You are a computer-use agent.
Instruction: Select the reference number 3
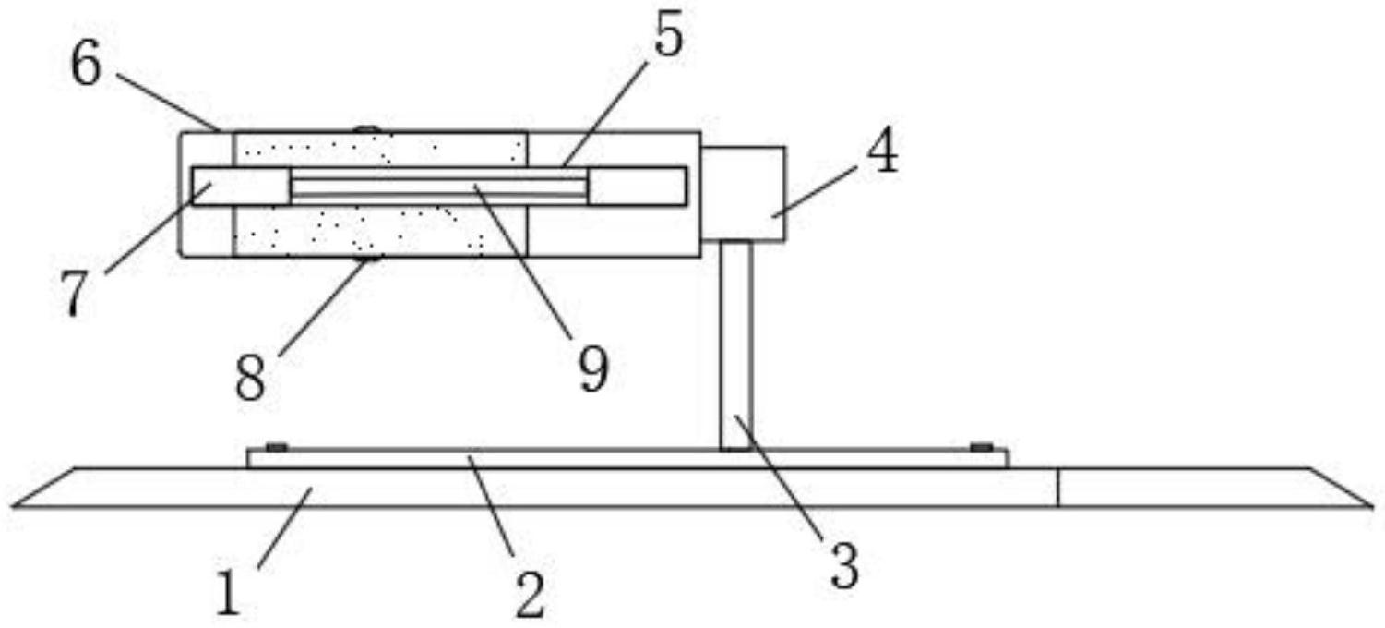click(x=843, y=565)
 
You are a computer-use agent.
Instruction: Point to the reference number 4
click(x=882, y=153)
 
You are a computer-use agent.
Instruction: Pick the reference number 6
click(x=86, y=66)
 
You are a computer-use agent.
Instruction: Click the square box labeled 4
click(x=743, y=193)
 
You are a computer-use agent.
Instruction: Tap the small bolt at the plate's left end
click(x=275, y=447)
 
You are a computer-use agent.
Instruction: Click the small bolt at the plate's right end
click(x=981, y=447)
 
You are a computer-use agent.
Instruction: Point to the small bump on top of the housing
click(x=367, y=128)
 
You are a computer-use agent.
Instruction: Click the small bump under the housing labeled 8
click(x=368, y=260)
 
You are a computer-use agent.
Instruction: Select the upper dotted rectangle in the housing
click(x=380, y=148)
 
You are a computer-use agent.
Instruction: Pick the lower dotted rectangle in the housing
click(x=380, y=231)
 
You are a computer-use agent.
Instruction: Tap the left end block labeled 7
click(x=240, y=187)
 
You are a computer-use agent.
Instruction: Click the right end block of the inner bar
click(x=637, y=187)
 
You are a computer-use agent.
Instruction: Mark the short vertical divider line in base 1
click(x=1057, y=488)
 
